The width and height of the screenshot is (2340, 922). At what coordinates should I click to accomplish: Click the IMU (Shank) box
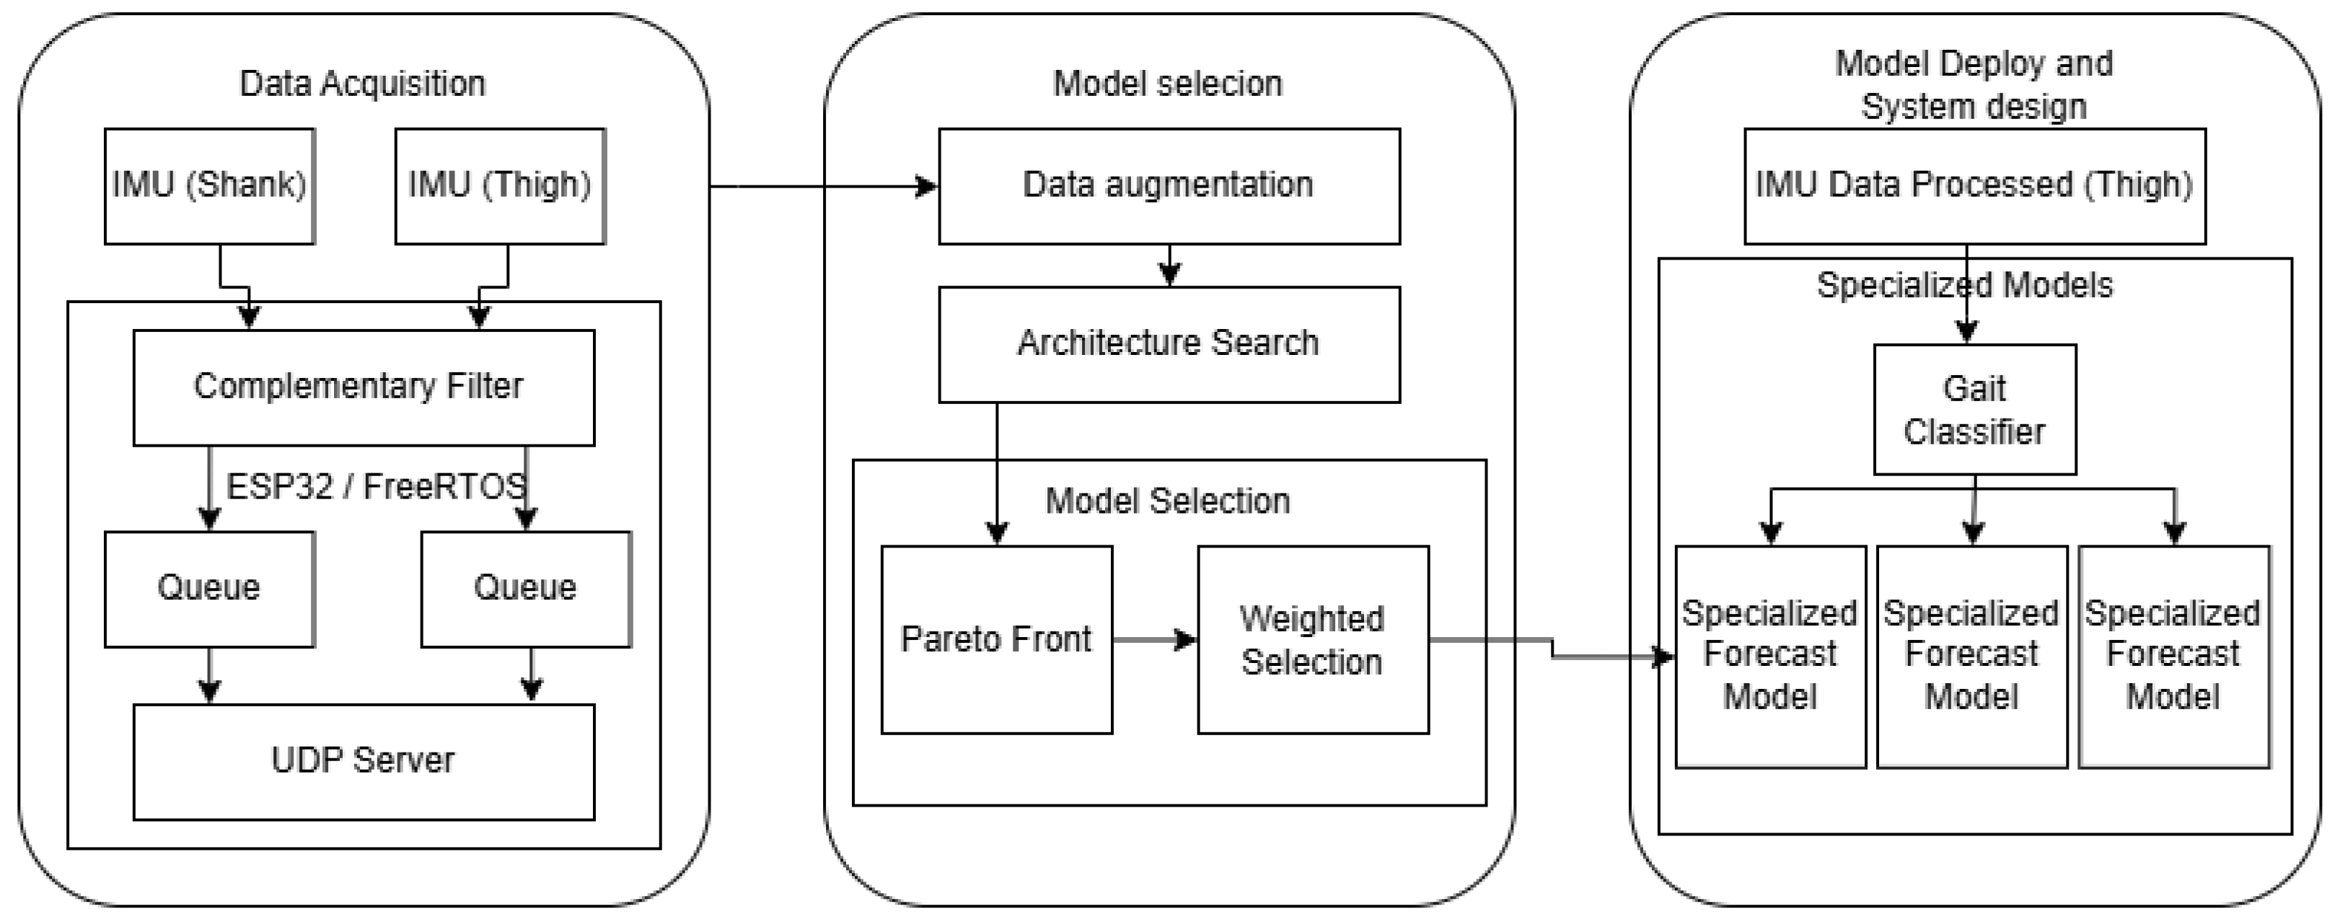coord(209,185)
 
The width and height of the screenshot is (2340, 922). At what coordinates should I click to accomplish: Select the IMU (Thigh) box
coord(500,185)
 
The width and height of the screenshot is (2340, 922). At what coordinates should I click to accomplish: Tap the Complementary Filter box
coord(364,387)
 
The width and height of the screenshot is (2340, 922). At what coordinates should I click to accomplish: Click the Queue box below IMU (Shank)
coord(209,589)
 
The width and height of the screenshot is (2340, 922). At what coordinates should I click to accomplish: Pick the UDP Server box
coord(364,761)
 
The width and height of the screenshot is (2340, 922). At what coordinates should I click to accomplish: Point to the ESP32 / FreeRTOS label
coord(375,487)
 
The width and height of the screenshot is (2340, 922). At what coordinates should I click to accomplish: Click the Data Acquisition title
coord(361,84)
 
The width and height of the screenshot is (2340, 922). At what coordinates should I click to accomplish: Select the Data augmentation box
coord(1168,185)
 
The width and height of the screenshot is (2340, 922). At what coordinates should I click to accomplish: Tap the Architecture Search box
coord(1168,343)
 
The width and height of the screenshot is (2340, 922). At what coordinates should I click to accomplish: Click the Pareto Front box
coord(995,639)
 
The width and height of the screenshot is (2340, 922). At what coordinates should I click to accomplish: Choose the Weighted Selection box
coord(1311,639)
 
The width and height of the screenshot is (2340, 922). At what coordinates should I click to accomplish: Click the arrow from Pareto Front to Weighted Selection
coord(1153,639)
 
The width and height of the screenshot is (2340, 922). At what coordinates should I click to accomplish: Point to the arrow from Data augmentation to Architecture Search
coord(1169,265)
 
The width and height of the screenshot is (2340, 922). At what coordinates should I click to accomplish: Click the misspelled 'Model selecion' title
coord(1167,84)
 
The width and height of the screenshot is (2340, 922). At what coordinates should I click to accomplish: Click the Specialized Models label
coord(1964,285)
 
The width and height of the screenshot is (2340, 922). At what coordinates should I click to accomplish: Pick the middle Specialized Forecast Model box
coord(1971,656)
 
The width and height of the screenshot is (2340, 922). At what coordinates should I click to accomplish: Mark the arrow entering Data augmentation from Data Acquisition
coord(822,186)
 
